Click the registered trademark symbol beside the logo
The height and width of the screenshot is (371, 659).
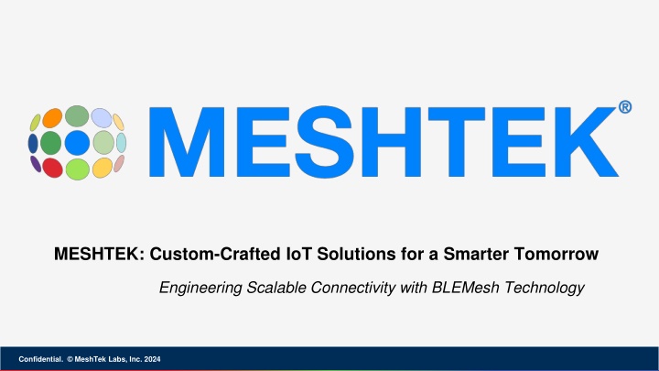click(x=625, y=107)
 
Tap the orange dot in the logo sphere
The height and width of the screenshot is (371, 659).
click(x=52, y=118)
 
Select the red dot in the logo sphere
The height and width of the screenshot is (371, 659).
click(x=52, y=168)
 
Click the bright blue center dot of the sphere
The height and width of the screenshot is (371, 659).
click(x=77, y=143)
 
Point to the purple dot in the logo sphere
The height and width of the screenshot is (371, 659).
click(x=36, y=164)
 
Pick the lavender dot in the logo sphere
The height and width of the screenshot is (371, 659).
click(x=102, y=118)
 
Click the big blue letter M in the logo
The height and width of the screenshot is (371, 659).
click(x=187, y=142)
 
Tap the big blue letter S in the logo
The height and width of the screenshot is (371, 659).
click(x=324, y=142)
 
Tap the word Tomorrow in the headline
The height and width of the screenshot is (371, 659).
click(x=556, y=254)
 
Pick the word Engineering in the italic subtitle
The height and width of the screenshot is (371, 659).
click(x=200, y=289)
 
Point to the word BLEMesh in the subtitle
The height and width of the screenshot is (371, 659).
click(x=466, y=288)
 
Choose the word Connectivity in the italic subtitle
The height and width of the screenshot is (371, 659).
click(x=353, y=289)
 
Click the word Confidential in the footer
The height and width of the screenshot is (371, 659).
click(x=41, y=359)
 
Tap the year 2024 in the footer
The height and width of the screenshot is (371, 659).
click(x=152, y=359)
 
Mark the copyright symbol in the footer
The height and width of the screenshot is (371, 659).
click(x=70, y=359)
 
